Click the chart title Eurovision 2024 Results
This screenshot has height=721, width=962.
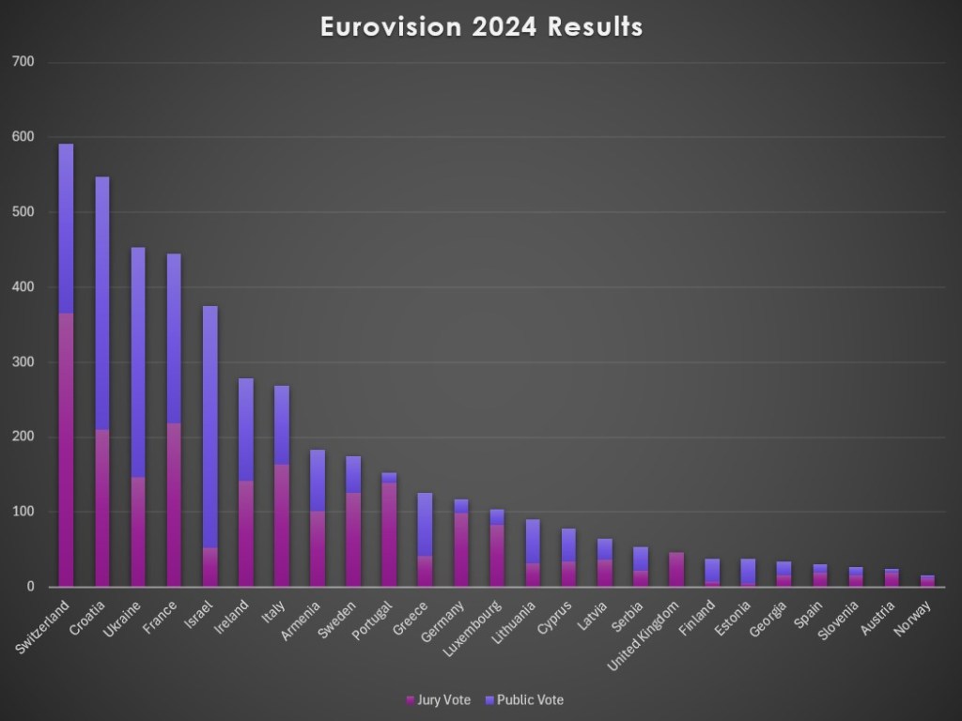coord(481,27)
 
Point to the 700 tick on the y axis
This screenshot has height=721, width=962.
coord(23,62)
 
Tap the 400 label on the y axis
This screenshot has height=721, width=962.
coord(23,287)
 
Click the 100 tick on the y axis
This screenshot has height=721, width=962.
coord(23,512)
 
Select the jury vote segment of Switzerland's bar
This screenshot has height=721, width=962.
coord(66,451)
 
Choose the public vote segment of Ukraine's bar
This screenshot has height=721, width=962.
coord(138,361)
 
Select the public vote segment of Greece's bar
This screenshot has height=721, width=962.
coord(425,525)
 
